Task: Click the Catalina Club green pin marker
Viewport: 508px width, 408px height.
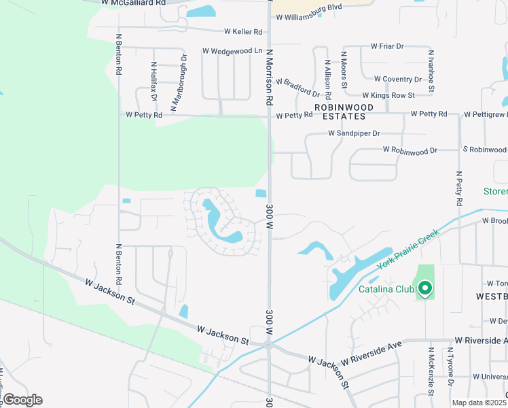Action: tap(425, 289)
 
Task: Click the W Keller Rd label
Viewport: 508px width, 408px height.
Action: tap(243, 32)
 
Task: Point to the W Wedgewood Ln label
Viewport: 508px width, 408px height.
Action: tap(232, 51)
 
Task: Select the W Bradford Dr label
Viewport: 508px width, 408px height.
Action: tap(297, 87)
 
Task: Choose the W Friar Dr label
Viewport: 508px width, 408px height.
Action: tap(387, 46)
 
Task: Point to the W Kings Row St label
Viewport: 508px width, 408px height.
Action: tap(388, 96)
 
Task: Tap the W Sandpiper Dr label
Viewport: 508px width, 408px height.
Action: tap(354, 133)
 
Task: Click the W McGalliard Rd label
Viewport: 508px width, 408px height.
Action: tap(133, 3)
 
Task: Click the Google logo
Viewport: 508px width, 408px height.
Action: tap(22, 400)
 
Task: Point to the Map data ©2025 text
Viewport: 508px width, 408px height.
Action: tap(479, 403)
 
